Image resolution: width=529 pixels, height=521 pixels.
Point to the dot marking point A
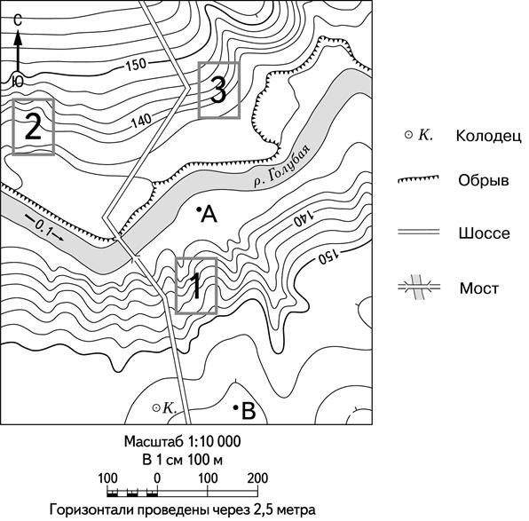coord(199,209)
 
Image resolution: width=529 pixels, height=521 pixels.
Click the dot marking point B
coord(236,407)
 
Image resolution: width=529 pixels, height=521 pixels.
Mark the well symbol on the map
coord(156,408)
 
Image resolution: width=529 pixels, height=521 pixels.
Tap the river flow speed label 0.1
coord(44,231)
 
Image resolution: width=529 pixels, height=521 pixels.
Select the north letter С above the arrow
coord(18,20)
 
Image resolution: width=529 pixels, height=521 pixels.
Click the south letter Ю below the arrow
coord(17,82)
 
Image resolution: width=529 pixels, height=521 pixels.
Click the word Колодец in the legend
coord(488,136)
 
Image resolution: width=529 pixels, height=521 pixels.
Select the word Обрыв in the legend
coord(484,180)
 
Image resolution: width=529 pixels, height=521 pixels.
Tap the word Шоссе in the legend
coord(484,233)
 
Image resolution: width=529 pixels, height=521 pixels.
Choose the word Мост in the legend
coord(478,288)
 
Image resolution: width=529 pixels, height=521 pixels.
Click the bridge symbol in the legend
coord(419,288)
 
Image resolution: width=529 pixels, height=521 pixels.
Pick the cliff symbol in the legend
coord(418,179)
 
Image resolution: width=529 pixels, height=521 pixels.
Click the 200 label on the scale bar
coord(257,478)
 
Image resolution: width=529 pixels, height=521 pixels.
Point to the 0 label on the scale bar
coord(157,478)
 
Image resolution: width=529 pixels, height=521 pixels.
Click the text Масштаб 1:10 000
coord(183,441)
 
